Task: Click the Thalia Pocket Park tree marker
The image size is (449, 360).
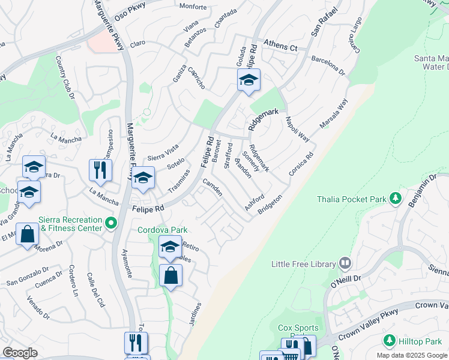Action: pyautogui.click(x=395, y=197)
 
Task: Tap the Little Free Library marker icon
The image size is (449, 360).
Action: pyautogui.click(x=345, y=263)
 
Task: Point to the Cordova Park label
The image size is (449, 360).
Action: pyautogui.click(x=163, y=230)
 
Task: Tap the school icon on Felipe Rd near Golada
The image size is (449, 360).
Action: pyautogui.click(x=248, y=80)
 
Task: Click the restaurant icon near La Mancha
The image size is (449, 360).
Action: pyautogui.click(x=100, y=170)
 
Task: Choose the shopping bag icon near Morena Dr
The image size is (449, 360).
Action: pyautogui.click(x=28, y=234)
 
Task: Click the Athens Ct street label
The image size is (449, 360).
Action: pyautogui.click(x=281, y=47)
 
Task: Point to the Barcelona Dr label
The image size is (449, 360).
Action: pyautogui.click(x=328, y=66)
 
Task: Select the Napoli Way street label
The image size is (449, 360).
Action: pyautogui.click(x=297, y=129)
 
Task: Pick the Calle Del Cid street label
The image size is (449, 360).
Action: pyautogui.click(x=96, y=289)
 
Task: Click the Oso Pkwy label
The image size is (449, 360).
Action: pyautogui.click(x=127, y=16)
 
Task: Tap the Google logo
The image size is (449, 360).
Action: pyautogui.click(x=20, y=353)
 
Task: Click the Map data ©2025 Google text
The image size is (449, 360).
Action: pyautogui.click(x=411, y=355)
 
